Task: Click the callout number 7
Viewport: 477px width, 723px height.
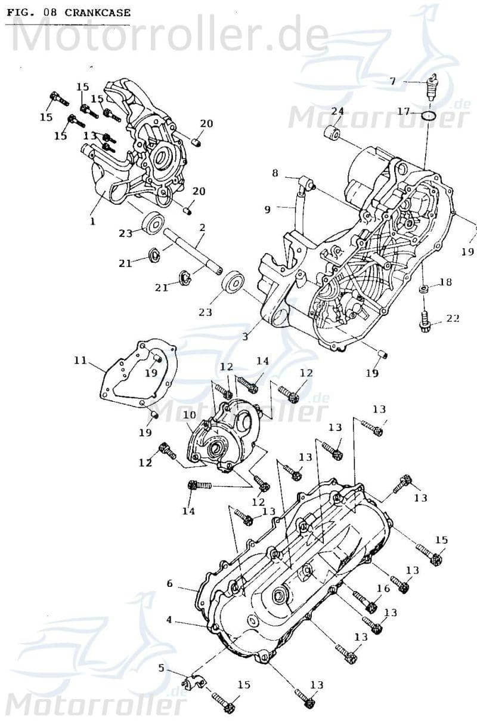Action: point(392,81)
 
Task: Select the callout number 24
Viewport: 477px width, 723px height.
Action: point(337,112)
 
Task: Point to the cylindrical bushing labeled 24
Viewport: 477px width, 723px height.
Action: point(332,134)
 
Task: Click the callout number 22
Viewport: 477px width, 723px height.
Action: point(453,318)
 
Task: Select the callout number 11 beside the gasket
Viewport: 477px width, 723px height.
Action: point(81,360)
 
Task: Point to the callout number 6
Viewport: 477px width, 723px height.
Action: point(169,583)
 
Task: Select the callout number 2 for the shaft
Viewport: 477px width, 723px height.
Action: point(203,227)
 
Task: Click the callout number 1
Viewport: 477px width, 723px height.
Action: point(93,221)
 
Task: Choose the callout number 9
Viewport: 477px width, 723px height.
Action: point(268,209)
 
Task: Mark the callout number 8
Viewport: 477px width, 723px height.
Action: point(275,173)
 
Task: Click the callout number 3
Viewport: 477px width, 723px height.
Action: point(244,337)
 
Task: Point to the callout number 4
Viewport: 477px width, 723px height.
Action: point(169,620)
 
